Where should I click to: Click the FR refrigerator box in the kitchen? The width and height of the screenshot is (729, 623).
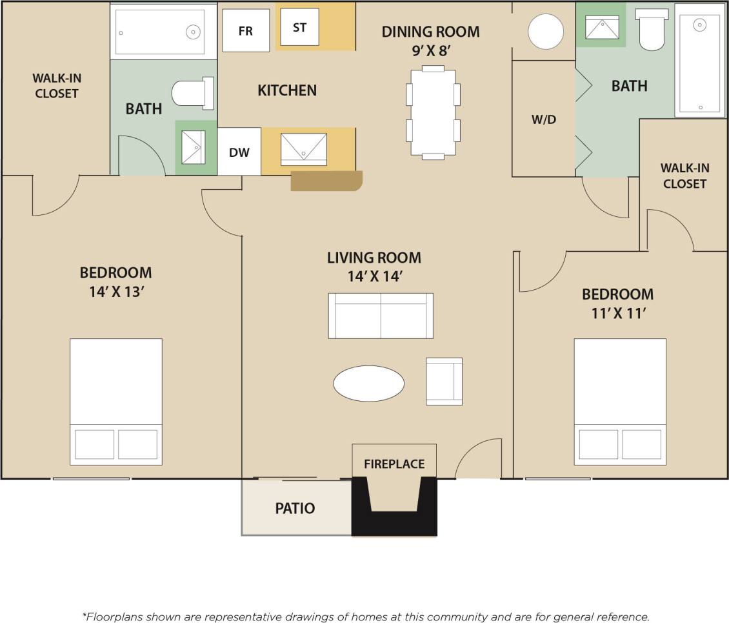pos(246,30)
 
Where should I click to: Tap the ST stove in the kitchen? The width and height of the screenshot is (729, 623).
pos(299,27)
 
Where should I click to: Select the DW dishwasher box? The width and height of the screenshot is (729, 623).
pos(239,152)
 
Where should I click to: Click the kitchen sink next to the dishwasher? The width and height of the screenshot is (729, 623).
pos(303,149)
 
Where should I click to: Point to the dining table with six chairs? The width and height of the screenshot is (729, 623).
pos(433,112)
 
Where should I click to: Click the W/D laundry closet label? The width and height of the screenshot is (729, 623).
pos(543,119)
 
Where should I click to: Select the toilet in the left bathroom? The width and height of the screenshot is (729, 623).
pos(194,94)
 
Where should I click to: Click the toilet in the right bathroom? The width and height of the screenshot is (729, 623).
pos(652,30)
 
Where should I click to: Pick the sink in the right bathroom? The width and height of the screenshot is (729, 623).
pos(601,28)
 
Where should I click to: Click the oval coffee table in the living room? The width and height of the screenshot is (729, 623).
pos(368,383)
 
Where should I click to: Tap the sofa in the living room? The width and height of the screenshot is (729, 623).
pos(381,316)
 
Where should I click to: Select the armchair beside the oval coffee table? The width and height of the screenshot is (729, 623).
pos(444,382)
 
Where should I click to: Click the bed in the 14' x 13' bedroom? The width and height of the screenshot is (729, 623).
pos(116,401)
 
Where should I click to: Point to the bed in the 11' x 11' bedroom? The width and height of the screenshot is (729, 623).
pos(620,401)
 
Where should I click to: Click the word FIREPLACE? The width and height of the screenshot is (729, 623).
pos(394,464)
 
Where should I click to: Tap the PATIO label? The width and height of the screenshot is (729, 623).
pos(295,508)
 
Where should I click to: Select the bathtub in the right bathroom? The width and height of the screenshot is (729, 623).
pos(699,61)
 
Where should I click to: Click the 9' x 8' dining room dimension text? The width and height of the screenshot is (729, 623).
pos(430,51)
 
